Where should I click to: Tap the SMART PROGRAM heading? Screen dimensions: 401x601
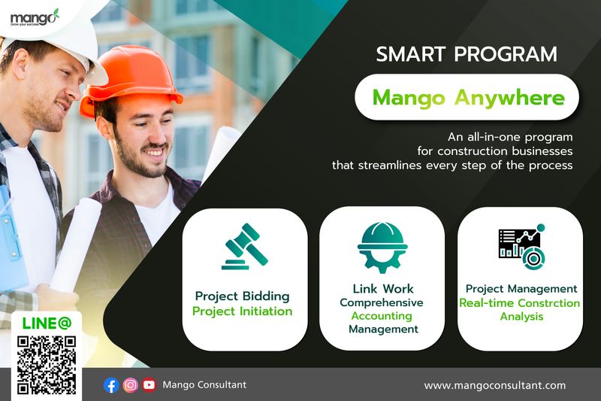click(x=466, y=55)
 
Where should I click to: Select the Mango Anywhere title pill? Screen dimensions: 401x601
click(x=468, y=98)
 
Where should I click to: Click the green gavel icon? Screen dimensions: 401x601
click(x=245, y=247)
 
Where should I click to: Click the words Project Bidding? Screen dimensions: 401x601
click(x=242, y=296)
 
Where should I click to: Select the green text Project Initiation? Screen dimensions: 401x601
click(x=242, y=311)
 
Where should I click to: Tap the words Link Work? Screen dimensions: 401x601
click(x=382, y=288)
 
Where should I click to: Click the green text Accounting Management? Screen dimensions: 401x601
click(x=382, y=322)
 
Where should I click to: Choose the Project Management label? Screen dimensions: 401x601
click(x=521, y=289)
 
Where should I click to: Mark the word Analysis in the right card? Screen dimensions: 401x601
click(x=521, y=317)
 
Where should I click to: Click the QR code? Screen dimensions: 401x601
click(x=47, y=365)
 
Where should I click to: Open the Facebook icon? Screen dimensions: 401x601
click(x=111, y=385)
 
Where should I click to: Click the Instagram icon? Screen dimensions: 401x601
click(x=131, y=385)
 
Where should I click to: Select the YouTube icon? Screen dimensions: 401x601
click(x=149, y=385)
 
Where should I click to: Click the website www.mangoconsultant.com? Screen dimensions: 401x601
click(x=494, y=385)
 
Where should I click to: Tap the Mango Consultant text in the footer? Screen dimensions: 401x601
click(x=204, y=385)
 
